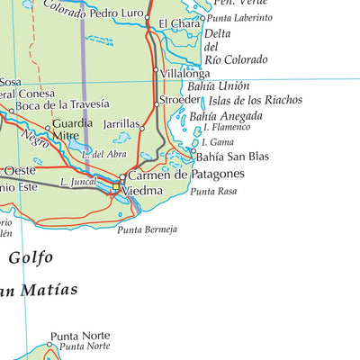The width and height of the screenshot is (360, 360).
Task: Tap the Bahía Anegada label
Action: point(226,116)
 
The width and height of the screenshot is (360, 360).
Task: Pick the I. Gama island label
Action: point(217,142)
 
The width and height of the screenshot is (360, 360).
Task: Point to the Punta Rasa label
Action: point(213,192)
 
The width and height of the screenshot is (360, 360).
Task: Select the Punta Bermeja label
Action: point(148,230)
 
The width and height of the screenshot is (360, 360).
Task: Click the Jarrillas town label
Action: point(121,124)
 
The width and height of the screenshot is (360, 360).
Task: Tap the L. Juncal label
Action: point(77,183)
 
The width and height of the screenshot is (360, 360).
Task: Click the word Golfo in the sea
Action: point(31,257)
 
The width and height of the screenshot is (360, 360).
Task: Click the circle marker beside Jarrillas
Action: point(142,129)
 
